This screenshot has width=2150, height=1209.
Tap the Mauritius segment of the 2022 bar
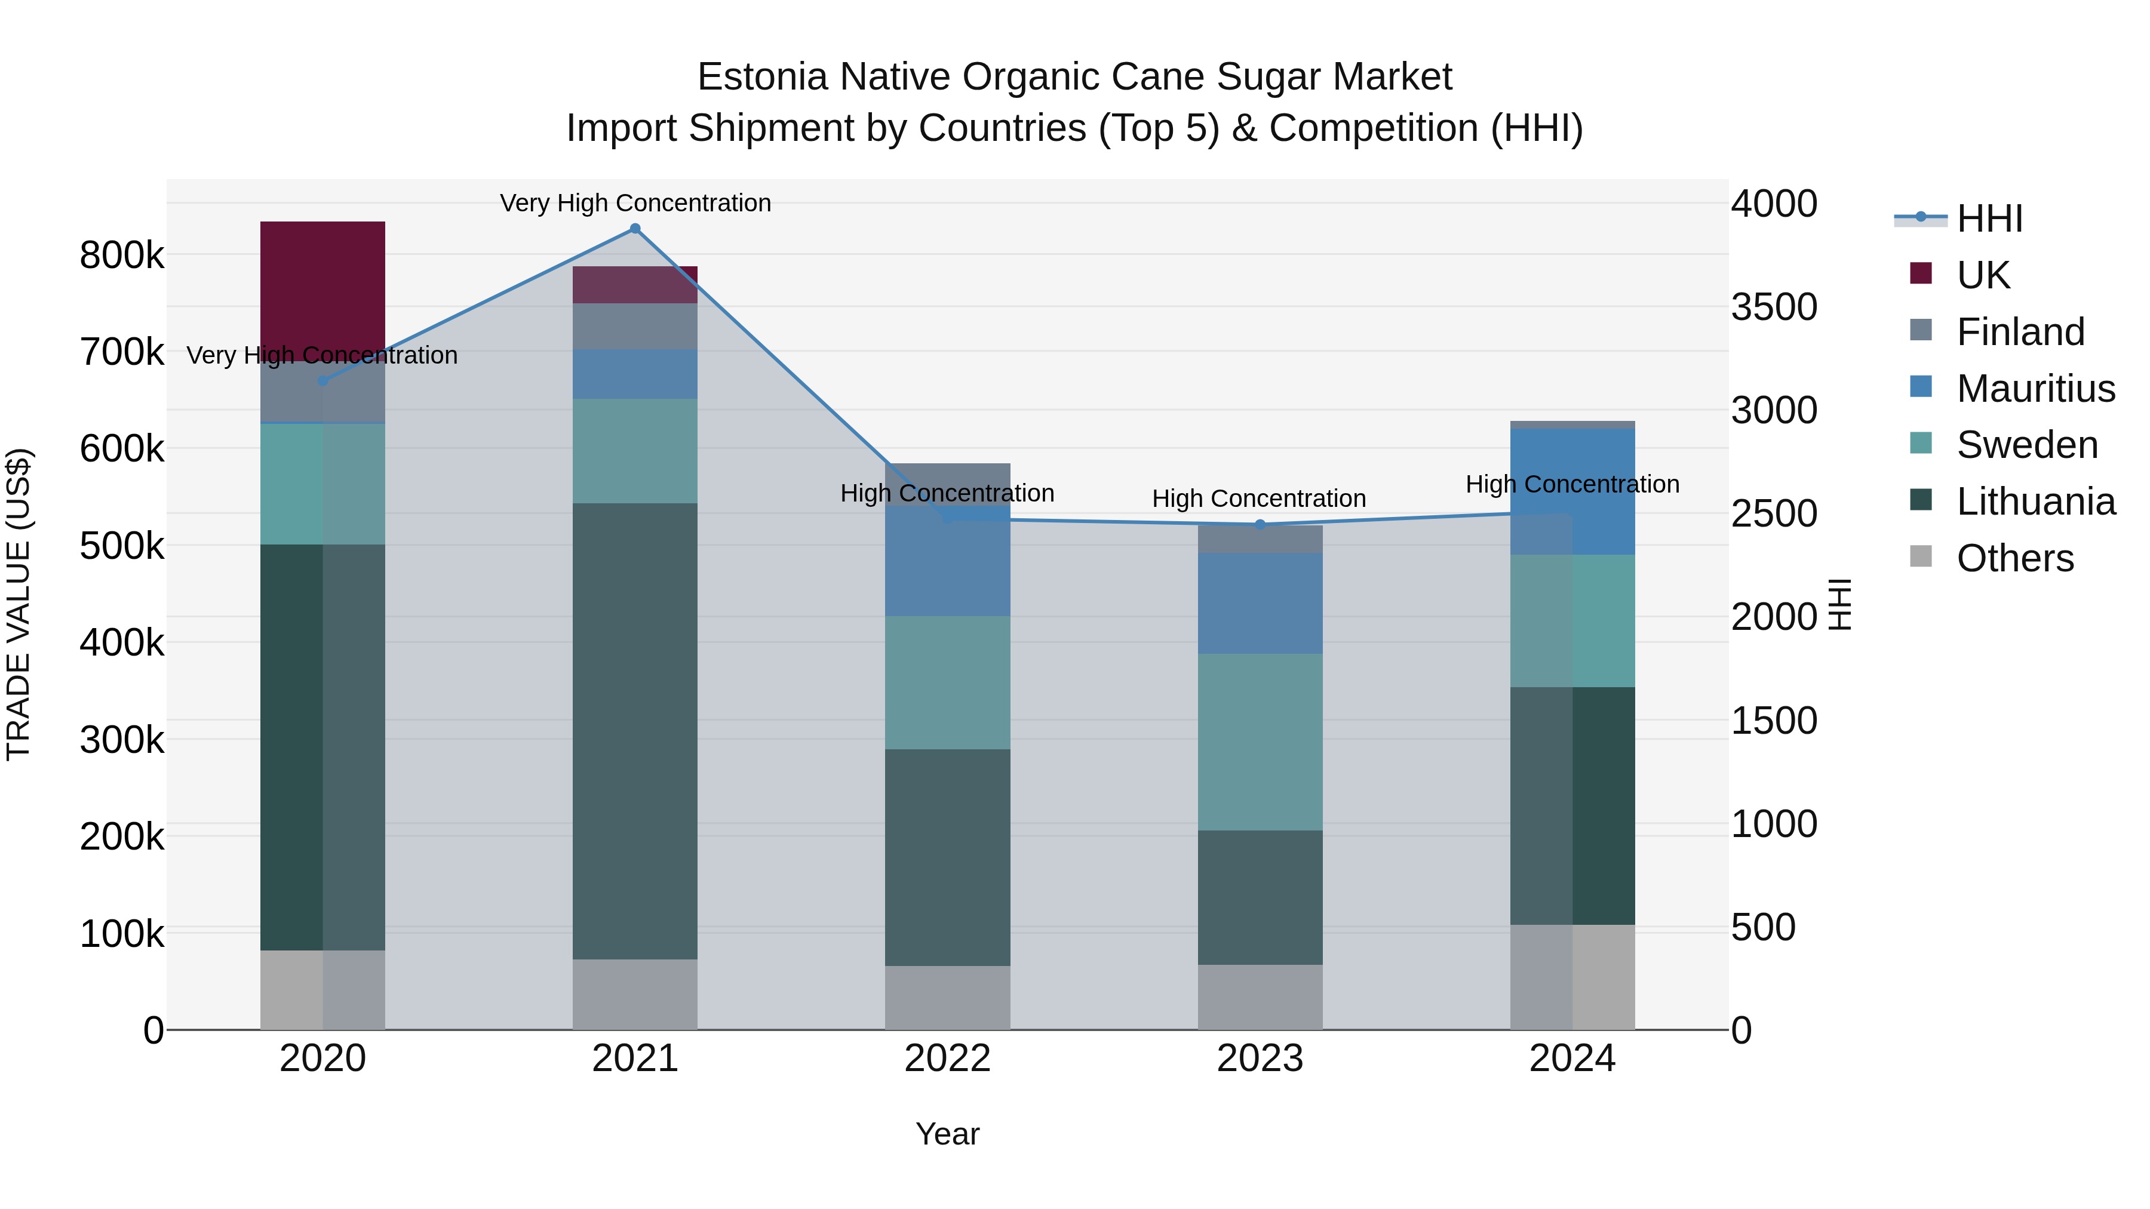[947, 561]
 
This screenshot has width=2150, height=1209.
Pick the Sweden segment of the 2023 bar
[1260, 741]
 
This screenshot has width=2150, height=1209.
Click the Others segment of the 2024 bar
[1572, 976]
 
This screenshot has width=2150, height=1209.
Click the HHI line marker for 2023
[1260, 524]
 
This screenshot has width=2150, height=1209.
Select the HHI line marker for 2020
[323, 380]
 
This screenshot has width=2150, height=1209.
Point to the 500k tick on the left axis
[122, 546]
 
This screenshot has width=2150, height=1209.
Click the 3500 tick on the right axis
[1774, 307]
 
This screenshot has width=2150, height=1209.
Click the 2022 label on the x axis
[947, 1059]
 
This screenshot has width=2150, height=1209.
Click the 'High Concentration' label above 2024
[1572, 484]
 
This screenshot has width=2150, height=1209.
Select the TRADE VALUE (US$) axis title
[19, 604]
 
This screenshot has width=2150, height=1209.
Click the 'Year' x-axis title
[947, 1134]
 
